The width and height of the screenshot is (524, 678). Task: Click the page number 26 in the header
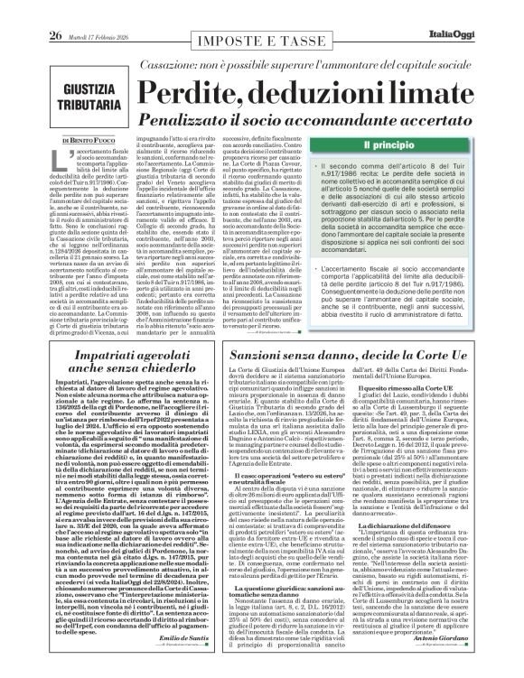pyautogui.click(x=29, y=10)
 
